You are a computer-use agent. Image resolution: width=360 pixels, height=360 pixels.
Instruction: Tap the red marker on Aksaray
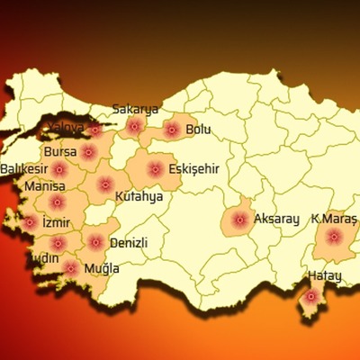[239, 220]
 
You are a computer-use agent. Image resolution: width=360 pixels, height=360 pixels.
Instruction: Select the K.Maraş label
[334, 219]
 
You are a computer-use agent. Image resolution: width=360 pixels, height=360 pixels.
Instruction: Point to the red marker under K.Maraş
[334, 238]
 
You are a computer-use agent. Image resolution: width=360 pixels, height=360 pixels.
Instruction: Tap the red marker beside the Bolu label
[172, 130]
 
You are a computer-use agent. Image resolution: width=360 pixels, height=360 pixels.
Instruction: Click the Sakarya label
[135, 110]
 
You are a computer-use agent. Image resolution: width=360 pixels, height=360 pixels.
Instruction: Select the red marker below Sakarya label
[136, 127]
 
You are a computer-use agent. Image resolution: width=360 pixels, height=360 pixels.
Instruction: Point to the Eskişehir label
[193, 168]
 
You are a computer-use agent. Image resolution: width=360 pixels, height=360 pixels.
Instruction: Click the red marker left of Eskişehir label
[155, 168]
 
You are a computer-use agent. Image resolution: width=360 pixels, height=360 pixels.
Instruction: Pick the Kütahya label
[139, 195]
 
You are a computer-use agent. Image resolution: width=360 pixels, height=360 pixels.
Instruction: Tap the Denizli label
[128, 243]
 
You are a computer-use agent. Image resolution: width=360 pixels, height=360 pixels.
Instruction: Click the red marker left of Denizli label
[95, 241]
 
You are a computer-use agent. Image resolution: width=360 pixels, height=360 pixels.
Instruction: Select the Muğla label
[102, 268]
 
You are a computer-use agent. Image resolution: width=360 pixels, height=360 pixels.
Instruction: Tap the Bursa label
[60, 152]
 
